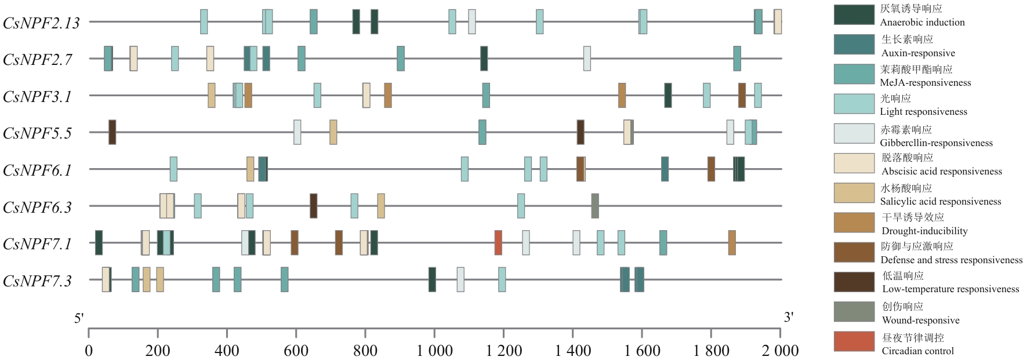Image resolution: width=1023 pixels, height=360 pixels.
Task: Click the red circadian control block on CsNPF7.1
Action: [498, 242]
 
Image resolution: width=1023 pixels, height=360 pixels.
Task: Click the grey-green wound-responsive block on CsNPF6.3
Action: [595, 206]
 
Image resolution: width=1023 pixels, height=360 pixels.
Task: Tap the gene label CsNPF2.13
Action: [41, 23]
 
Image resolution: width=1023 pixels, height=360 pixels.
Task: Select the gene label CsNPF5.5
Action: [37, 133]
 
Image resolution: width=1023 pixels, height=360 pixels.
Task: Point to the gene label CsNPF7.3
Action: [37, 281]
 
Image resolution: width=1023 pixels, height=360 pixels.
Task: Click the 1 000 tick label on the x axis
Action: [434, 350]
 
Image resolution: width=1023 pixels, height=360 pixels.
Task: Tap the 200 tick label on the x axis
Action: [158, 350]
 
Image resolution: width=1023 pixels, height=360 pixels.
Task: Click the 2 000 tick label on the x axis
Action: [780, 350]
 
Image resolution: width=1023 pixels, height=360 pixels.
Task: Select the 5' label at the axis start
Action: [79, 318]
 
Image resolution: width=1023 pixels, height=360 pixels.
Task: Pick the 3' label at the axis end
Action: [788, 317]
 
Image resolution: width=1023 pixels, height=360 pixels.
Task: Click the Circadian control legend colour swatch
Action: [854, 341]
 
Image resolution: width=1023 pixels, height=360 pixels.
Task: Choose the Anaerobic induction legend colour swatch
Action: [854, 15]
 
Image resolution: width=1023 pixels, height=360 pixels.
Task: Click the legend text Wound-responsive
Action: [920, 320]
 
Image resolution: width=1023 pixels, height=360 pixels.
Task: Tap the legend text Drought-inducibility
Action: [924, 231]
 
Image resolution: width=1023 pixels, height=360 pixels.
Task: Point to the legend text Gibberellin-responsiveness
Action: [936, 143]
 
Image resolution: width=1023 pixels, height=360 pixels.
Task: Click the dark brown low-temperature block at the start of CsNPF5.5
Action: [112, 132]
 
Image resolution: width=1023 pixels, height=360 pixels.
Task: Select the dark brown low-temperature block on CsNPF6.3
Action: [313, 206]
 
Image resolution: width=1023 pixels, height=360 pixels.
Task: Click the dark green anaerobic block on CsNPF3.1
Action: [668, 95]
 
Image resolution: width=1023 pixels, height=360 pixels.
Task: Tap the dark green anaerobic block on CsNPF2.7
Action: [484, 59]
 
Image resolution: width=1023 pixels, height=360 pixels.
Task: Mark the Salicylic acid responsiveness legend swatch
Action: [854, 193]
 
